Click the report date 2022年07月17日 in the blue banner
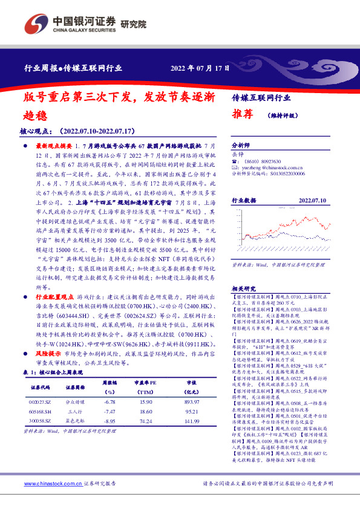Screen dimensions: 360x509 (200, 68)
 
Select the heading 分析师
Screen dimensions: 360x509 (241, 146)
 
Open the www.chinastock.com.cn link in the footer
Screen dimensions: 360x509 (52, 484)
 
